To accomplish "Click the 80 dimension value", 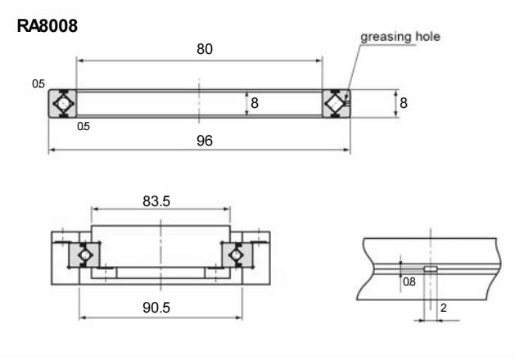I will (204, 49).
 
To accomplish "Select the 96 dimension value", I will (204, 141).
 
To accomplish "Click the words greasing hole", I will (400, 36).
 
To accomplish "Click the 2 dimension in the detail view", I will (443, 308).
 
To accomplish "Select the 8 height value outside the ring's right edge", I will (403, 103).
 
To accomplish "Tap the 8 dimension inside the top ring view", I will (254, 104).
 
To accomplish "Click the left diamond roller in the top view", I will (63, 104).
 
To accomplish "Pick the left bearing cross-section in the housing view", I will (84, 255).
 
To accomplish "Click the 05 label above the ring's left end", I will (38, 83).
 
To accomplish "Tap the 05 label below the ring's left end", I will (83, 127).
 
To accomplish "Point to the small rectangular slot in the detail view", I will (431, 268).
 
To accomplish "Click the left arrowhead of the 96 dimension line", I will (52, 150).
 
